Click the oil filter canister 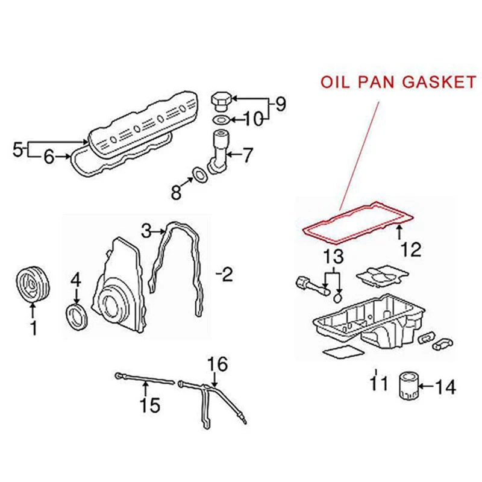pos(407,385)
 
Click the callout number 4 pos(75,280)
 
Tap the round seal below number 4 pos(77,316)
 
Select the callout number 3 pos(146,230)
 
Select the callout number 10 pos(254,119)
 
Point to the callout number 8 pos(175,192)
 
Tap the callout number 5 pos(17,147)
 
